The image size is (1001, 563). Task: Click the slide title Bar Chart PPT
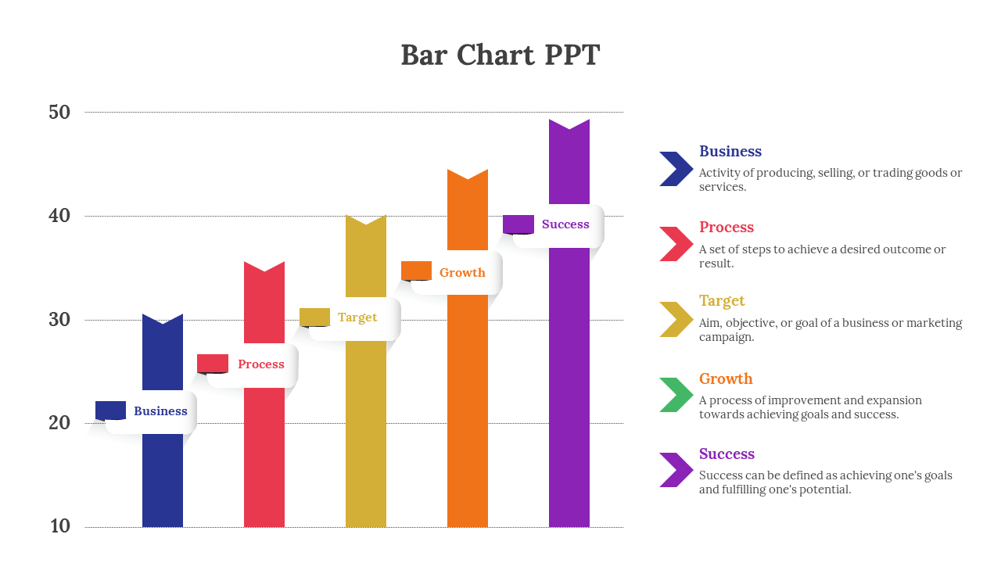pos(500,56)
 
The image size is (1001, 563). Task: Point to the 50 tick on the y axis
pos(59,113)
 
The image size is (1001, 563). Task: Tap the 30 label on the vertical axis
pos(59,320)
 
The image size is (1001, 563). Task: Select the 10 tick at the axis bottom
pos(60,526)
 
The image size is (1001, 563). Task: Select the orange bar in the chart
pos(468,407)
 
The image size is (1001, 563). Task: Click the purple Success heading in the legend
pos(727,454)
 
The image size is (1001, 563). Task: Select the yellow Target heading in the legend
pos(722,301)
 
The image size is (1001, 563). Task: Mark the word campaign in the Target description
pos(726,338)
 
